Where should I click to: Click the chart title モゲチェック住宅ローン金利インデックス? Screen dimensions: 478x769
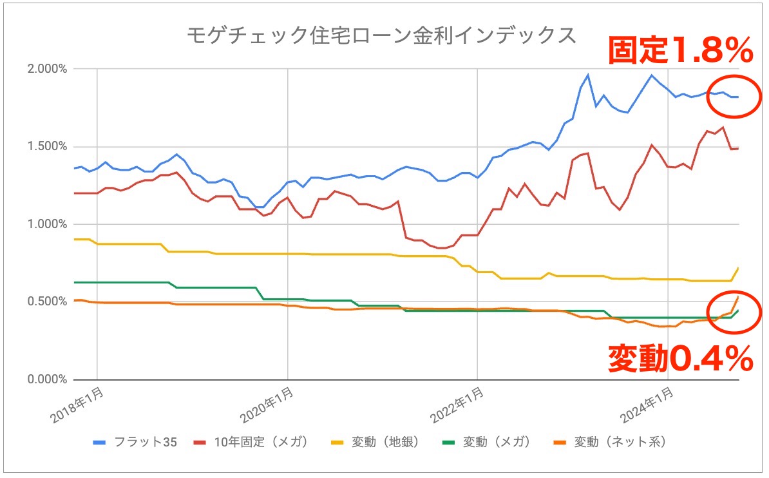pos(381,35)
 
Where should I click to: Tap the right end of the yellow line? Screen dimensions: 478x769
pos(738,267)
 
